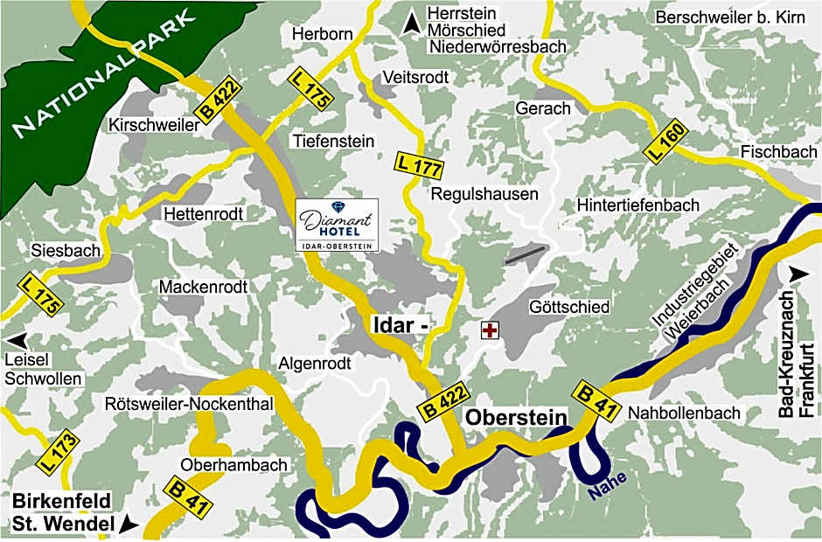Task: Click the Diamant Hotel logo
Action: coord(337,226)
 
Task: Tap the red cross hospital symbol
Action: coord(491,330)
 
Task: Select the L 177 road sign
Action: coord(419,163)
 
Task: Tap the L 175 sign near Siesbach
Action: coord(40,296)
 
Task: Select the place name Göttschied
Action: coord(569,307)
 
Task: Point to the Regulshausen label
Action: coord(484,194)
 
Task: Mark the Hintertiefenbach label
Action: coord(638,205)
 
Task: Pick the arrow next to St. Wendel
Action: coord(130,525)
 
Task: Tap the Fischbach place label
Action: coord(778,151)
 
